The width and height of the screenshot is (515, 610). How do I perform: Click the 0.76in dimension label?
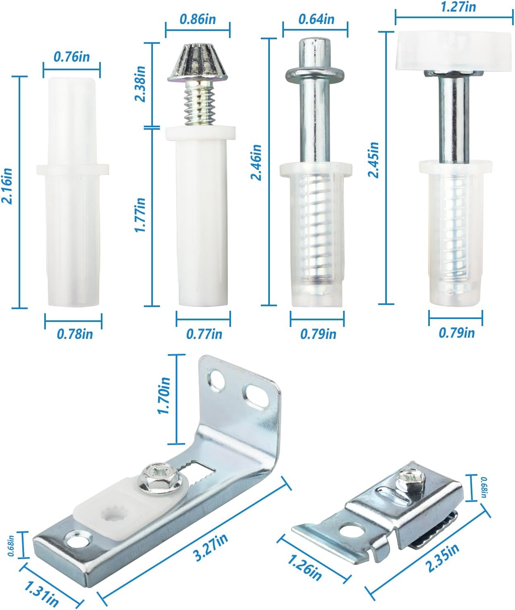(x=72, y=57)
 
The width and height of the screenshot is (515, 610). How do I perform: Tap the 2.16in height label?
(x=7, y=185)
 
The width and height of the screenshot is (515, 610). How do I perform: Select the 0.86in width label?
(x=198, y=19)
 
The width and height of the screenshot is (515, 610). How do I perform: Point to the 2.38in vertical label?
(x=140, y=83)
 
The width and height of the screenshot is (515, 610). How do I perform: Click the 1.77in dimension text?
(x=140, y=214)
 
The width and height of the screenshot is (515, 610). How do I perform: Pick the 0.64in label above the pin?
(x=316, y=19)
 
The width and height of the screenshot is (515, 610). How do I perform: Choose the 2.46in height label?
(x=256, y=162)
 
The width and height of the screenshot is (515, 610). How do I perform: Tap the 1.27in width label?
(x=458, y=7)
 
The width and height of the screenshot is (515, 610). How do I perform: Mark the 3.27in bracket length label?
(x=211, y=547)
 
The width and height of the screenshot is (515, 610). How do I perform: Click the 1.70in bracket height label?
(x=164, y=396)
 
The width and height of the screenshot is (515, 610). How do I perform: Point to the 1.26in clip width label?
(x=304, y=567)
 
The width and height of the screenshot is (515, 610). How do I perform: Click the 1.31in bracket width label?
(x=41, y=593)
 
